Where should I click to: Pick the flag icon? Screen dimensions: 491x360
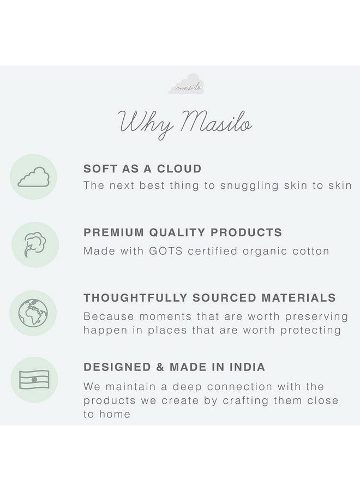[x=34, y=379]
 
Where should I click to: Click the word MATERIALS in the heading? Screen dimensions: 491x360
[x=299, y=298]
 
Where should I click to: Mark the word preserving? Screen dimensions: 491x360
[x=313, y=316]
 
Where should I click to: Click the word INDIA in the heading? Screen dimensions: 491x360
[x=244, y=367]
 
